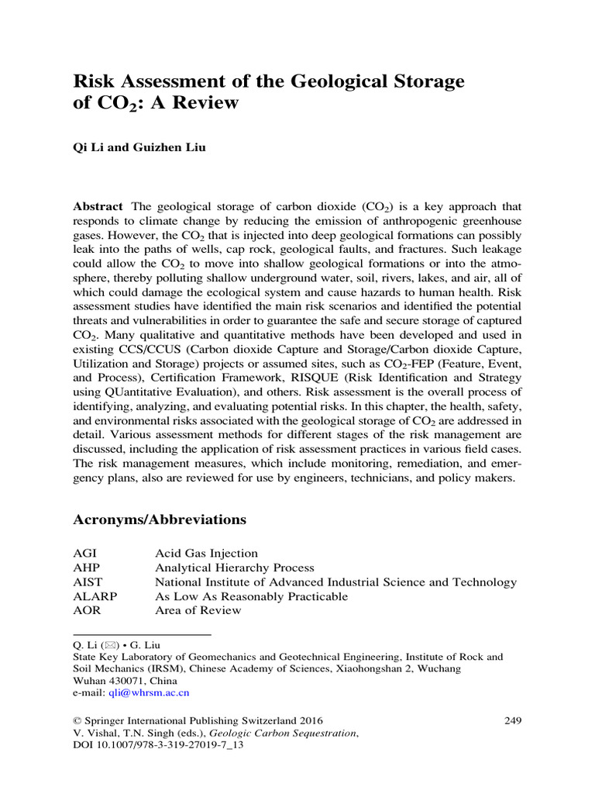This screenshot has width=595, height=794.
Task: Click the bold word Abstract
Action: pyautogui.click(x=98, y=207)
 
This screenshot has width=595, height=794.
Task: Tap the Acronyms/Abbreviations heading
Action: pyautogui.click(x=160, y=520)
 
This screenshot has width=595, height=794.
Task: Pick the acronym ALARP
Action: pyautogui.click(x=92, y=596)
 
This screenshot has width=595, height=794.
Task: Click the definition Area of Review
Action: pyautogui.click(x=198, y=610)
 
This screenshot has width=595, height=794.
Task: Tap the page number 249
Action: pyautogui.click(x=513, y=720)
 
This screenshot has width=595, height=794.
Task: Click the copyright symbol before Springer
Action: pyautogui.click(x=77, y=720)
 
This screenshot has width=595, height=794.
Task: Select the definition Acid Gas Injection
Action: pyautogui.click(x=207, y=554)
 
